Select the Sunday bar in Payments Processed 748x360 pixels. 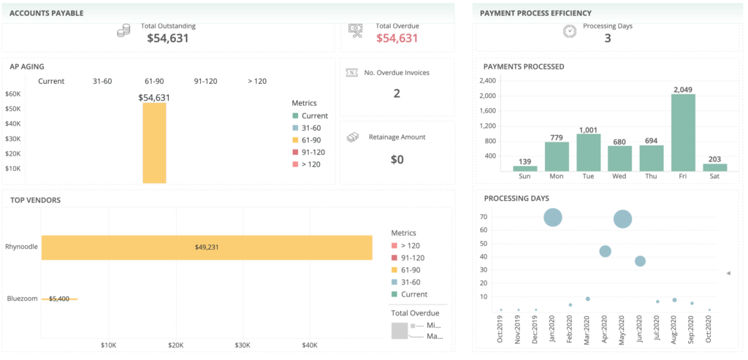coord(525,168)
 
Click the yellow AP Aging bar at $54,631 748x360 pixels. coord(154,142)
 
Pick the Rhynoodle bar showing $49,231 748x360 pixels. coord(207,247)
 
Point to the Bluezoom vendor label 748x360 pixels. coord(22,298)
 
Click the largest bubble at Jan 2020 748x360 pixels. coord(553,217)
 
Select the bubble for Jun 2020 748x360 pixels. coord(640,261)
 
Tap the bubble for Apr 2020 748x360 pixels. coord(605,251)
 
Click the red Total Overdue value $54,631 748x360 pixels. coord(397,38)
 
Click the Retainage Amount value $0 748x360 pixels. coord(397,159)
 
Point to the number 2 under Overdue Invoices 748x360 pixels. coord(397,93)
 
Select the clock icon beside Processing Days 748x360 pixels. coord(570,31)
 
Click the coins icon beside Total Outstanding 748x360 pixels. coord(123,31)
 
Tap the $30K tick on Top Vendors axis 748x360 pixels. coord(243,345)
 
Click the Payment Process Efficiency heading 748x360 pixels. coord(535,13)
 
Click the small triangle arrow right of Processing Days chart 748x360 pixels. coord(728,273)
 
